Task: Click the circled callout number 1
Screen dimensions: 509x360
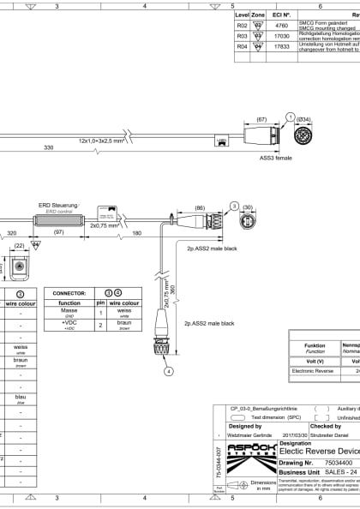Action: (x=291, y=117)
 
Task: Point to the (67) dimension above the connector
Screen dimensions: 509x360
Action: (x=262, y=119)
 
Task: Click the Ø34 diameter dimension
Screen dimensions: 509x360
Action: (x=303, y=119)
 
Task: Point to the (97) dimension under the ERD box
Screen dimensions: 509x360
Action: (x=57, y=232)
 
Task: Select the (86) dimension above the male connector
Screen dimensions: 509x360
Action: (x=200, y=208)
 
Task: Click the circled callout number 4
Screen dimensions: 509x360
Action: (x=169, y=370)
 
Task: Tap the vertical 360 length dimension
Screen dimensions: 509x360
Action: (x=172, y=290)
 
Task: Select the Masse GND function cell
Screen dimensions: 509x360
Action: (x=69, y=314)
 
